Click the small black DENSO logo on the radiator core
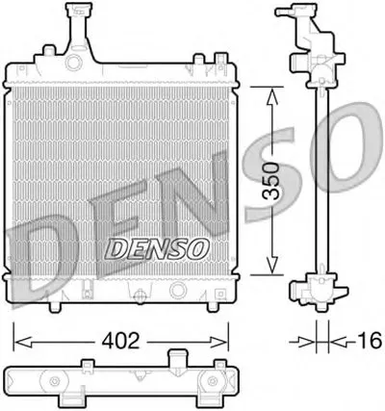click(x=156, y=248)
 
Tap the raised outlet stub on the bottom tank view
click(x=178, y=361)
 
